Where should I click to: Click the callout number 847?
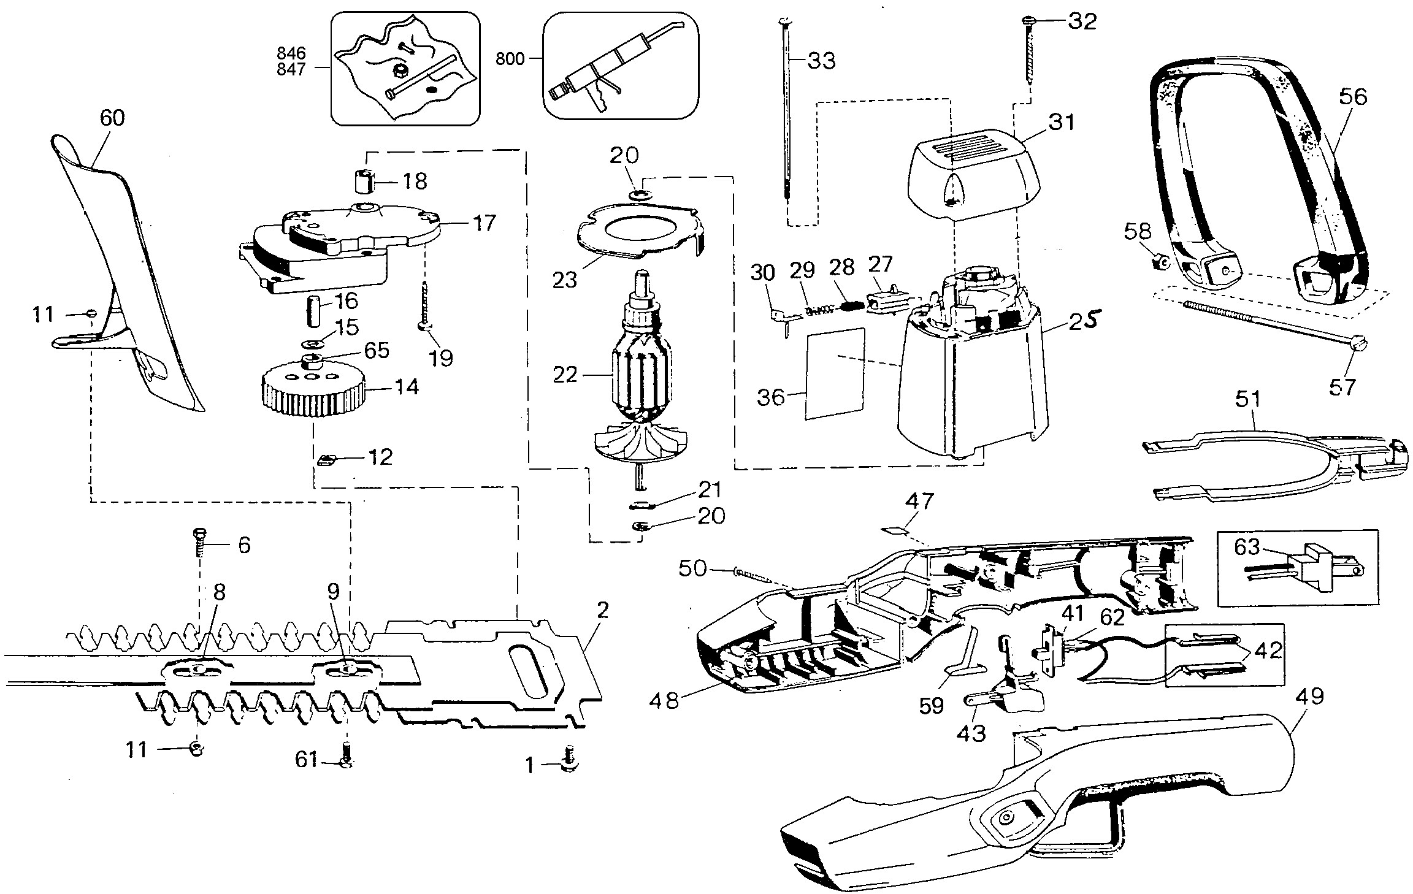(x=290, y=69)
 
